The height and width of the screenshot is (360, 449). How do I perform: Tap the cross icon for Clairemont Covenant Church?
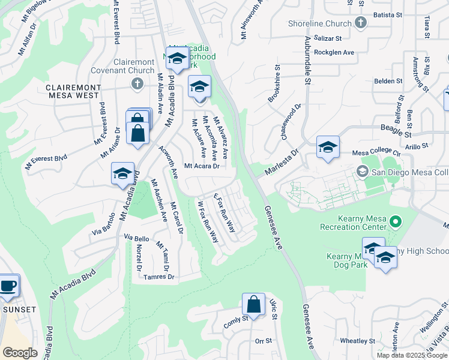tap(137, 83)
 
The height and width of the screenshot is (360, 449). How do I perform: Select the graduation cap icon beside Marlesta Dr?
tap(328, 147)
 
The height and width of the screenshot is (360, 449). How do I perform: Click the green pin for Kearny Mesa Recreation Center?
tap(394, 223)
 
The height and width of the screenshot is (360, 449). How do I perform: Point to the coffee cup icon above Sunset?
tap(8, 286)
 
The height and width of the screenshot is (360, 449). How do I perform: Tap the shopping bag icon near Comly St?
tap(254, 304)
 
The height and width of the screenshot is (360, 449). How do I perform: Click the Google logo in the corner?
tap(20, 353)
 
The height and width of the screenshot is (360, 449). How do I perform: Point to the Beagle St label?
tap(394, 128)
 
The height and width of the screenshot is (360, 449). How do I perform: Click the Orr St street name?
tap(264, 340)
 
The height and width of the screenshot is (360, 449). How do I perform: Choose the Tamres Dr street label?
tap(159, 277)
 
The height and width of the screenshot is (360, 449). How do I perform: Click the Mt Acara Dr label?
tap(200, 166)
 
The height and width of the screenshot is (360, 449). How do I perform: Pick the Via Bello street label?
tap(136, 238)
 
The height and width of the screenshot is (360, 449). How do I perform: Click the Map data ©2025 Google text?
tap(411, 355)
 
